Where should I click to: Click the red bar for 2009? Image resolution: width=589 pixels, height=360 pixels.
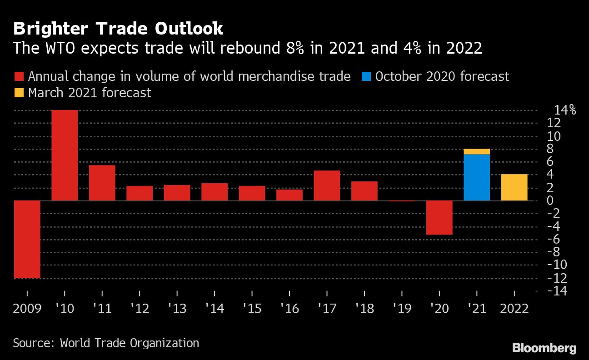[27, 239]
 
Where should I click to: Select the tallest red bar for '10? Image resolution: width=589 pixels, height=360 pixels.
[65, 155]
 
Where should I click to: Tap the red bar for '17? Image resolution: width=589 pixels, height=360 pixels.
[327, 185]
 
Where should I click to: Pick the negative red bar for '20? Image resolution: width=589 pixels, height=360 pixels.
[439, 218]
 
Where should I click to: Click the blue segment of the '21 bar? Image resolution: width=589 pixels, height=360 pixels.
[477, 177]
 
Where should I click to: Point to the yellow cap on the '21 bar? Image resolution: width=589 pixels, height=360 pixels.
[477, 151]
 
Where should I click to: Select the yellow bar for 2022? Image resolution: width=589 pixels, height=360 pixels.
[514, 187]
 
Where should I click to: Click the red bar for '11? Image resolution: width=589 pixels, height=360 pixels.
[102, 183]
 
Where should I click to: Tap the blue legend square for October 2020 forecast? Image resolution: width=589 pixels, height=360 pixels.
[367, 76]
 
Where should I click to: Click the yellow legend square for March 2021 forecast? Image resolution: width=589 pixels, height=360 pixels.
[19, 93]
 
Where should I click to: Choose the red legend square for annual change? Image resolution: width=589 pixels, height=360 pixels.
[19, 76]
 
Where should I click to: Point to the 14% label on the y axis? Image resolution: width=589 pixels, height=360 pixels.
[564, 110]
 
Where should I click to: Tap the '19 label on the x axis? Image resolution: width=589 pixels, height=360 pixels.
[402, 309]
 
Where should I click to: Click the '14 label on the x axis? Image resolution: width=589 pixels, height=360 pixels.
[215, 309]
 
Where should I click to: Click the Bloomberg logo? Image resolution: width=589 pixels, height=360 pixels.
[544, 348]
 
